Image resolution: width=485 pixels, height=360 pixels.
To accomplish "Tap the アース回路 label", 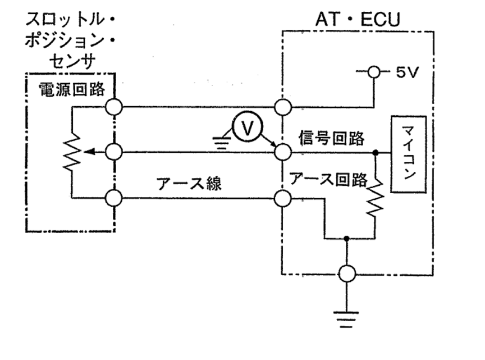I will [328, 179].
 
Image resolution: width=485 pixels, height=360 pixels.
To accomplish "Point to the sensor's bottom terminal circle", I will [115, 198].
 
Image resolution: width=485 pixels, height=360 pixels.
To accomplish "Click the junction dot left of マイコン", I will [375, 152].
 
